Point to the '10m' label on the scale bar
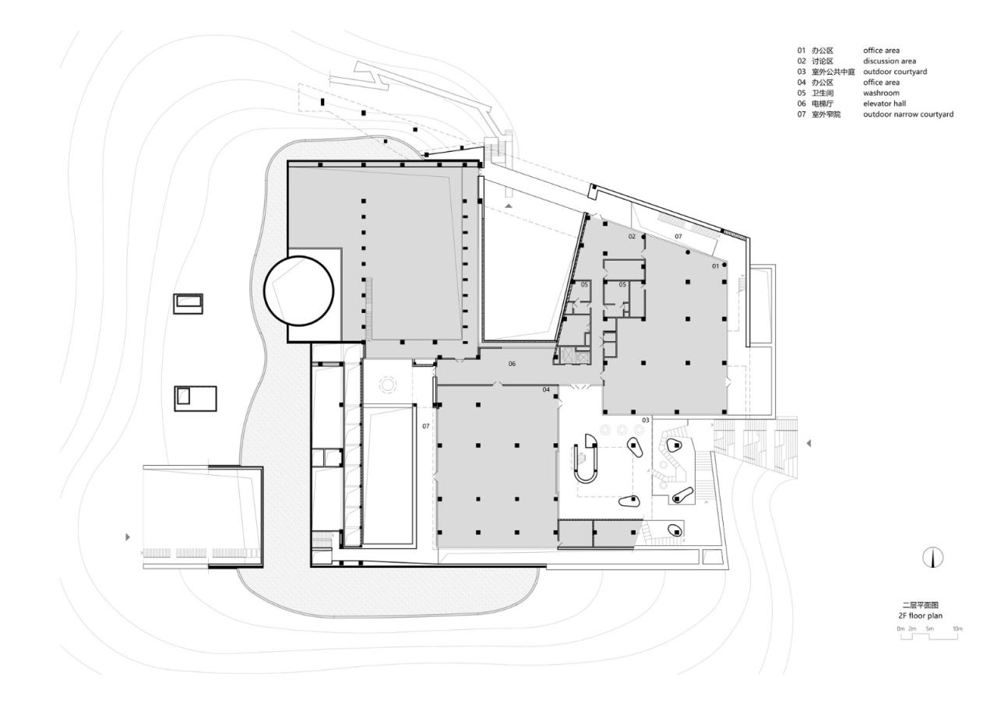957,628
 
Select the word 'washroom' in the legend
881,93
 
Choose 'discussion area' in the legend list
889,61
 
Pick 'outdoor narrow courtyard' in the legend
907,114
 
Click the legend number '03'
801,72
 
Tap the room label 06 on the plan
512,364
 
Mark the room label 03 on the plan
645,421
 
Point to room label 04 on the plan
546,389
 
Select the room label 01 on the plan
715,266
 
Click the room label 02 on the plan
632,236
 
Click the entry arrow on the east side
809,443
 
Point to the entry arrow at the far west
128,537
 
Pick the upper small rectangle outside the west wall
188,303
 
